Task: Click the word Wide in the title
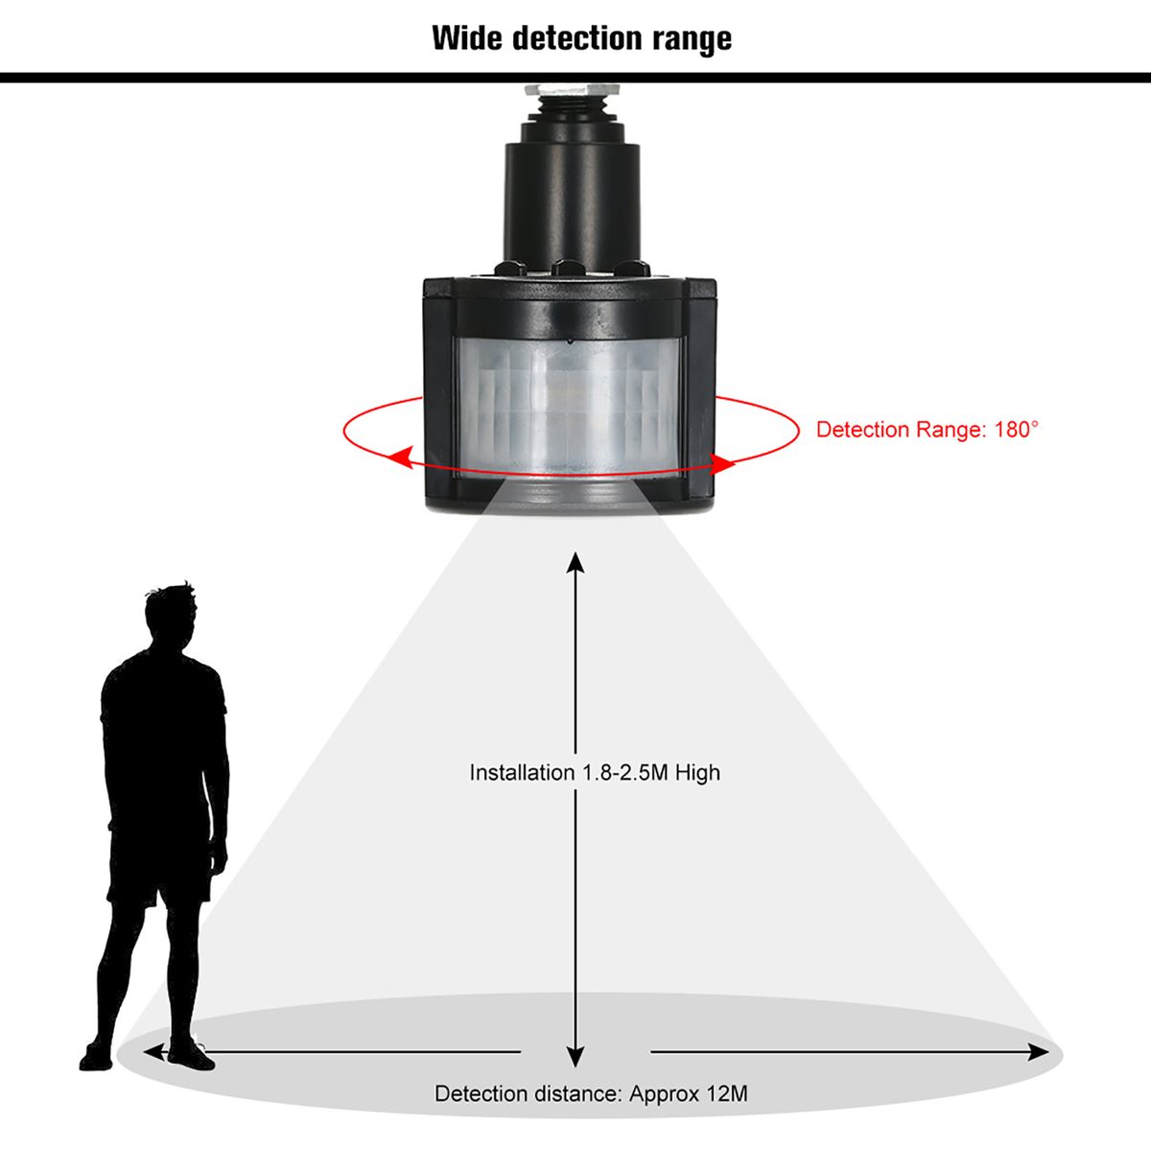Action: [466, 38]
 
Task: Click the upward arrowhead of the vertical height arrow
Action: [575, 563]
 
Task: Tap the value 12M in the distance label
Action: [725, 1093]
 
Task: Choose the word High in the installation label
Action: [697, 773]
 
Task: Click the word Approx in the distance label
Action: [662, 1094]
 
